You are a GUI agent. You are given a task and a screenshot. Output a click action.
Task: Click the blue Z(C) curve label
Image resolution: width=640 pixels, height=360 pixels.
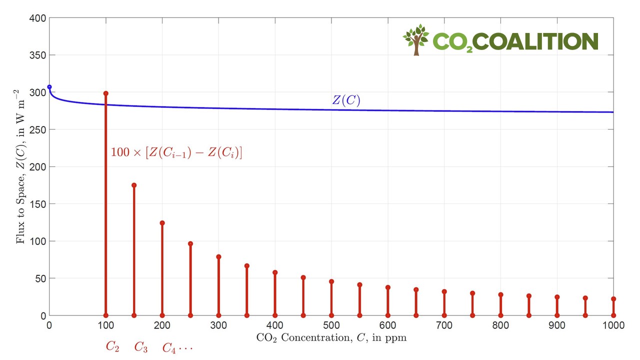pyautogui.click(x=346, y=100)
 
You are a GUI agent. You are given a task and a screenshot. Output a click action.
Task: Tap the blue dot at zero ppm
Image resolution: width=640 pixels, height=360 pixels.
pyautogui.click(x=49, y=87)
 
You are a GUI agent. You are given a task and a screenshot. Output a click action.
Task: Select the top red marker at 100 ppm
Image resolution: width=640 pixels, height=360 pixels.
pyautogui.click(x=105, y=93)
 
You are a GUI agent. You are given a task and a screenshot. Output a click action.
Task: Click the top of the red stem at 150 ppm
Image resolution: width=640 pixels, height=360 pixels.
pyautogui.click(x=134, y=185)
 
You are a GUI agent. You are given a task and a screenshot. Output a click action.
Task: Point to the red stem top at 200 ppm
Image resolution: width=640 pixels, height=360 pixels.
pyautogui.click(x=162, y=223)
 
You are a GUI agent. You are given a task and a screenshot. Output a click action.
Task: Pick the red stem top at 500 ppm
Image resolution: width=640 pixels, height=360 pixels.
pyautogui.click(x=331, y=281)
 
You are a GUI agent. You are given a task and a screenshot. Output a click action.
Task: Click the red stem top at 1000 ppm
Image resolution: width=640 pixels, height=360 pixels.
pyautogui.click(x=613, y=299)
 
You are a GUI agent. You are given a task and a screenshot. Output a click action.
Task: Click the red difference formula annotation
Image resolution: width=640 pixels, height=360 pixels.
pyautogui.click(x=176, y=153)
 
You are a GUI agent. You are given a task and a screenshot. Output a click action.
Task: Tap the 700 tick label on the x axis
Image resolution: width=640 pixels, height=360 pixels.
pyautogui.click(x=444, y=325)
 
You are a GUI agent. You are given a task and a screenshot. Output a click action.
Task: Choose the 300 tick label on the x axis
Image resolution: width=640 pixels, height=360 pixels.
pyautogui.click(x=218, y=325)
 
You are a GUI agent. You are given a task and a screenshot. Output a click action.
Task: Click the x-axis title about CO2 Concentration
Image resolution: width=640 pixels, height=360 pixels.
pyautogui.click(x=331, y=338)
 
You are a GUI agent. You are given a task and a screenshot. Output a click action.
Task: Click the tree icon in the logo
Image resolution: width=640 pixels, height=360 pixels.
pyautogui.click(x=416, y=39)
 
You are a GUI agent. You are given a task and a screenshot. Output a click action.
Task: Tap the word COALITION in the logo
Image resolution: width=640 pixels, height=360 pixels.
pyautogui.click(x=535, y=41)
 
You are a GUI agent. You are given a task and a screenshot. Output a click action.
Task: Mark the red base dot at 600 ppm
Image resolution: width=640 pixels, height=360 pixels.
pyautogui.click(x=388, y=315)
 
